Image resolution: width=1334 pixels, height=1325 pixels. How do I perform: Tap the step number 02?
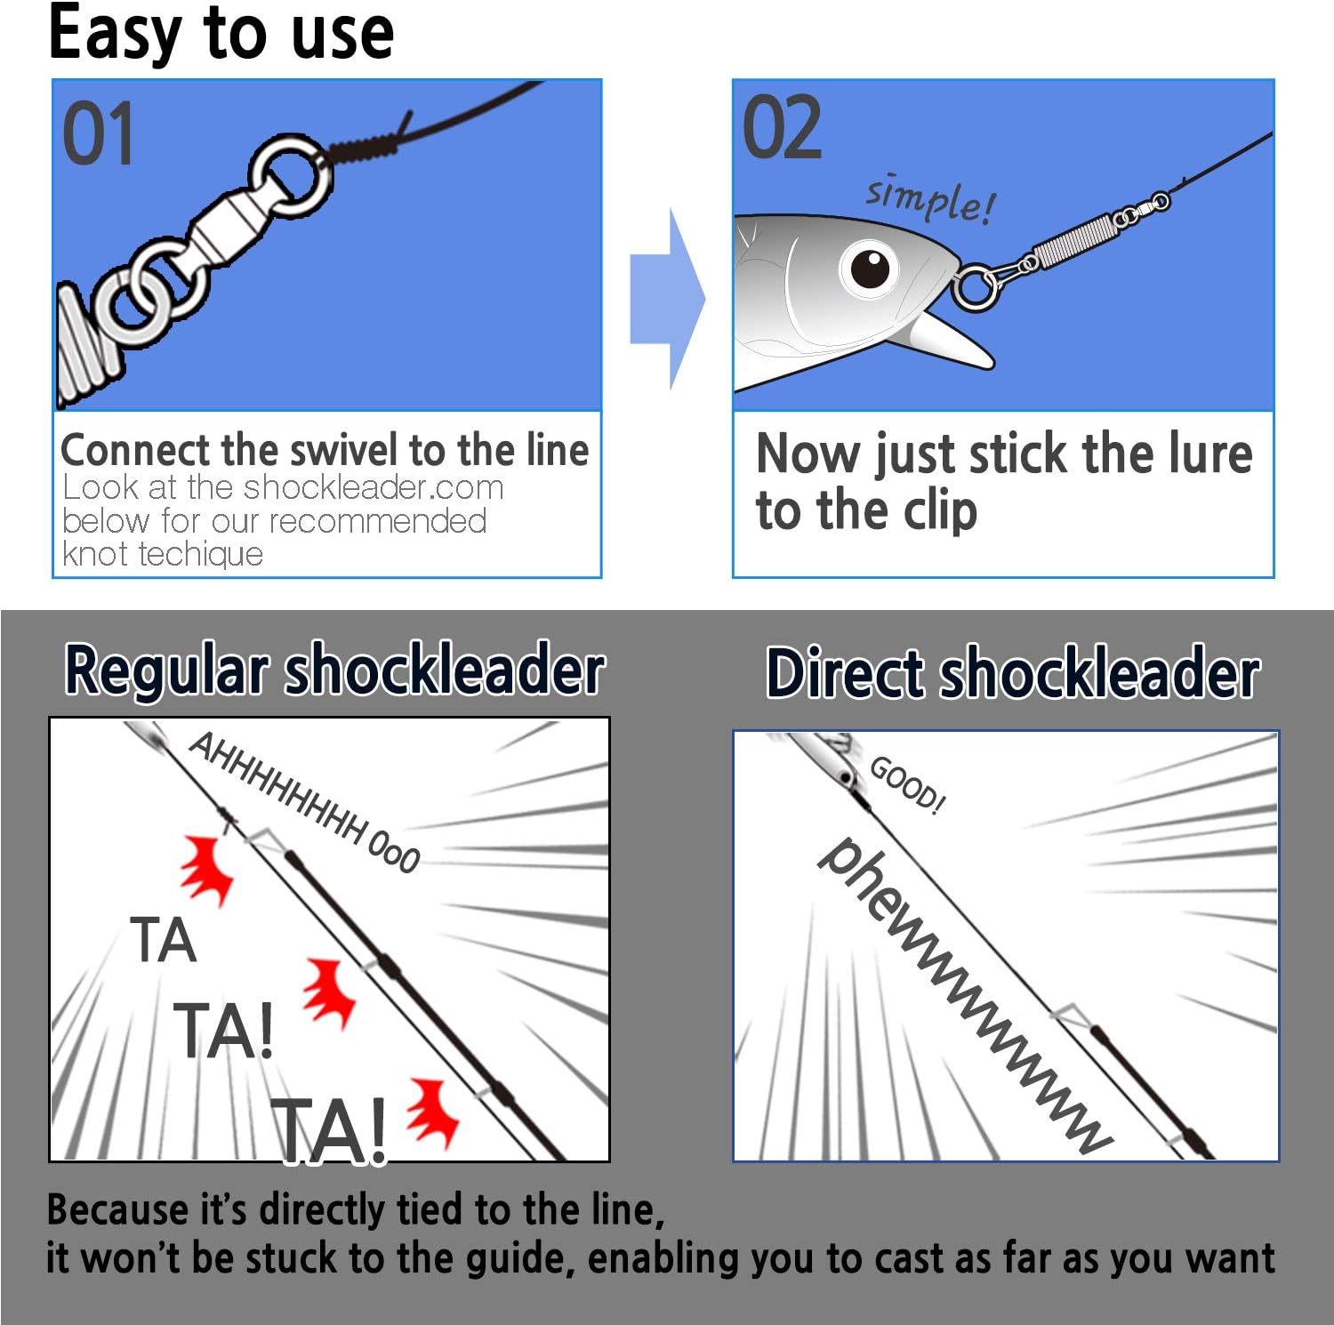click(781, 129)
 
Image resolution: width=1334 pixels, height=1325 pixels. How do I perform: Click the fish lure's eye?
click(869, 268)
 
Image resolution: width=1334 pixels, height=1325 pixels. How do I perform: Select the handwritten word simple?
click(930, 198)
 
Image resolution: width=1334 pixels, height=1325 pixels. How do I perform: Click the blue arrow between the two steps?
click(666, 300)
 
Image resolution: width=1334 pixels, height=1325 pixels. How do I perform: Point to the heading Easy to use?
click(221, 33)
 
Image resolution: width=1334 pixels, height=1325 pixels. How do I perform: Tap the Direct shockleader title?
click(1012, 673)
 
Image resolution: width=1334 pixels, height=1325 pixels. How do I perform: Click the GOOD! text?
click(907, 784)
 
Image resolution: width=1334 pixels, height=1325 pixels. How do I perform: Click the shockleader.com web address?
click(374, 487)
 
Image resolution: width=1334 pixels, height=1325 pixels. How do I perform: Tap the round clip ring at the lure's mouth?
click(975, 288)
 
